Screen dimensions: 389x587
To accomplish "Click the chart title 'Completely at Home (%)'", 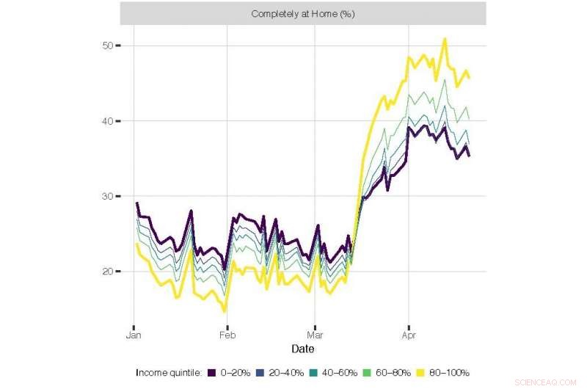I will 302,14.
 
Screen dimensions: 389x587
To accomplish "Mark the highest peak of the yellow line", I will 445,39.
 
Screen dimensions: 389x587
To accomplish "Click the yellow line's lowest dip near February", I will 225,312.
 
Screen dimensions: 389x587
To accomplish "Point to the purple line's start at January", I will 136,203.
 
